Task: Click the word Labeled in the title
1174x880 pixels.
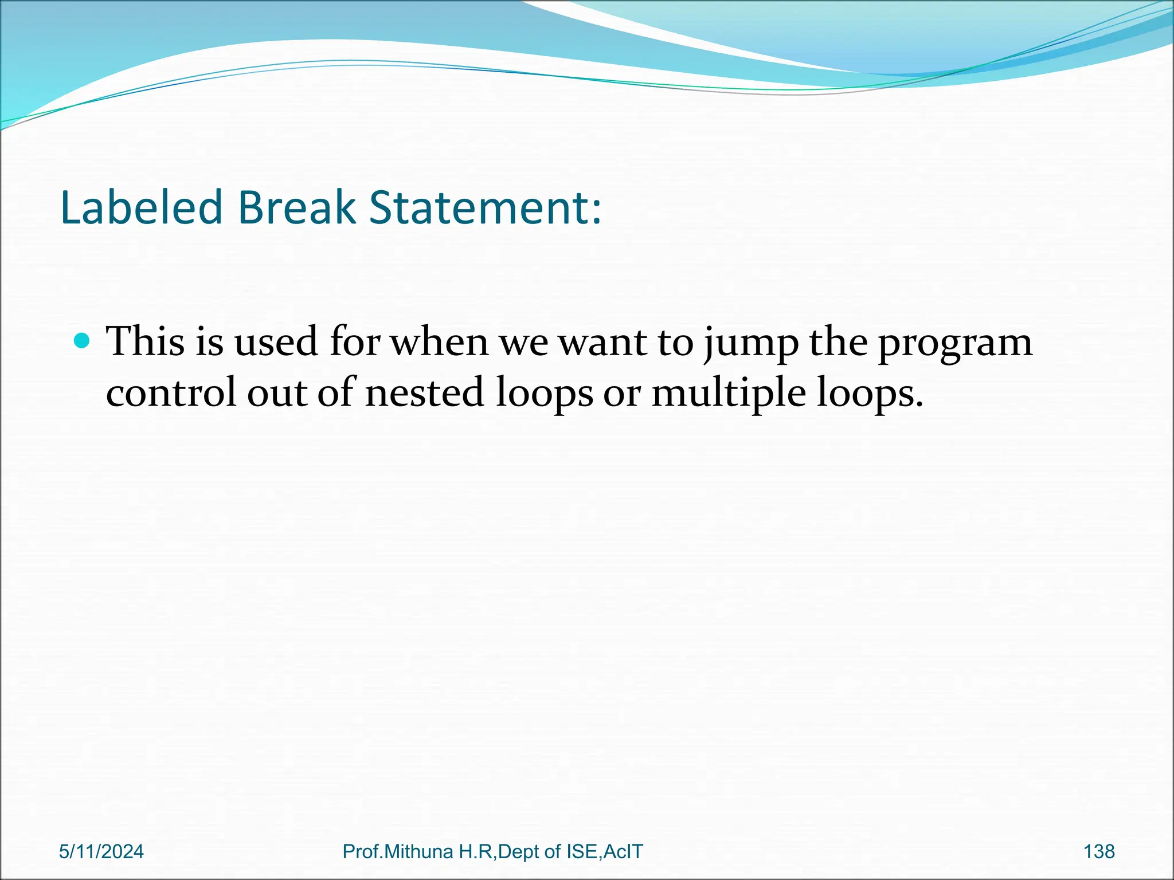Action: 141,207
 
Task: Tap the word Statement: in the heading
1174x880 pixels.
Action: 485,207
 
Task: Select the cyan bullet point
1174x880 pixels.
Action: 82,341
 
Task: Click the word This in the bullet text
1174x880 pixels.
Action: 146,342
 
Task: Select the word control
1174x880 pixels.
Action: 171,393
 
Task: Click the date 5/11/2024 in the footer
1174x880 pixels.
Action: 101,852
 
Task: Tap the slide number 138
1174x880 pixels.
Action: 1099,852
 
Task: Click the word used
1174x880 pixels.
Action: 276,342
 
